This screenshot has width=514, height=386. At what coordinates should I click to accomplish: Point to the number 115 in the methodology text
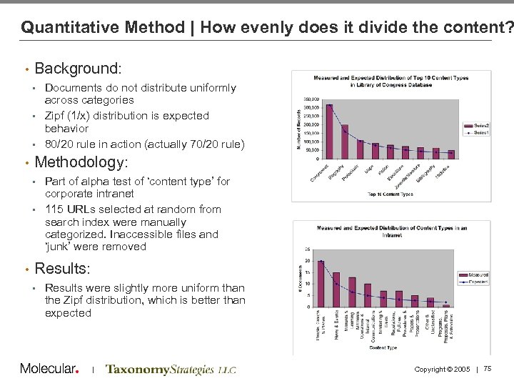click(54, 209)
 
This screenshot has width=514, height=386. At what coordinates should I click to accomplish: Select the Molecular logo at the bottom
click(49, 369)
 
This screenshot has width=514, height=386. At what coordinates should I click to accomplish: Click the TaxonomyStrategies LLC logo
click(171, 370)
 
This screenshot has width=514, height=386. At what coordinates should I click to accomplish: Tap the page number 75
click(488, 369)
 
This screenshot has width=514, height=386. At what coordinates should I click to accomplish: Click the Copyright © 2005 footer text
click(442, 369)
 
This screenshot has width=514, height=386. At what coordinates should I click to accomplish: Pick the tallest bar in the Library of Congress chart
click(329, 132)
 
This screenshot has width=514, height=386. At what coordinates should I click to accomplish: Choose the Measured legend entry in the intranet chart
click(477, 273)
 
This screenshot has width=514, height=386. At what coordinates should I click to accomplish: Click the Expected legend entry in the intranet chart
click(477, 282)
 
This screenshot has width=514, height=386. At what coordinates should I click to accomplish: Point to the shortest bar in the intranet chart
click(446, 305)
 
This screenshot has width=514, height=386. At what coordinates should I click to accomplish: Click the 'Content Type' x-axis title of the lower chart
click(383, 347)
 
